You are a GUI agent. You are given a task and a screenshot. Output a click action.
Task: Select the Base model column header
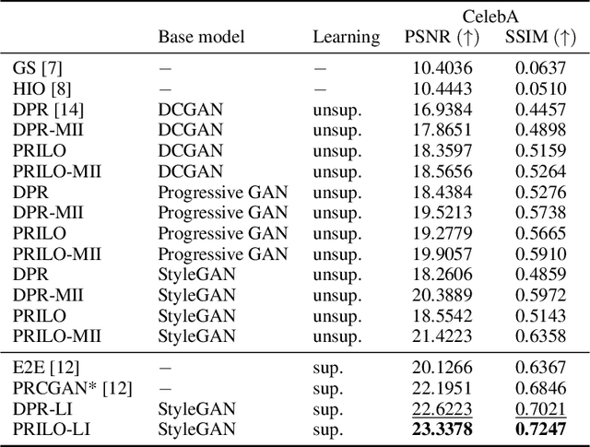coord(201,37)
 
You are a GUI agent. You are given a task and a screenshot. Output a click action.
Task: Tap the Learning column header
coord(346,37)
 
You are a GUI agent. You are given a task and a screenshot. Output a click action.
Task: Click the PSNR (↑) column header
coord(442,37)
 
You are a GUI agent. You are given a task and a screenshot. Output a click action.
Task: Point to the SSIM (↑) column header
coord(539,37)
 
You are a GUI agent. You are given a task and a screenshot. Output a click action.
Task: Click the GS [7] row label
coord(38,68)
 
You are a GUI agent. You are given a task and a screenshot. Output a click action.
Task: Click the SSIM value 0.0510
coord(541,88)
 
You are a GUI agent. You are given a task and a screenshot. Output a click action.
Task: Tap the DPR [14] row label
coord(45,110)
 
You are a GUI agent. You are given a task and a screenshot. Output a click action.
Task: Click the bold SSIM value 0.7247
coord(541,429)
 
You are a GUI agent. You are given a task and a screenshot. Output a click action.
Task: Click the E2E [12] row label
coord(44,366)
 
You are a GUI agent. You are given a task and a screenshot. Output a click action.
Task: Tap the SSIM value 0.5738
coord(541,212)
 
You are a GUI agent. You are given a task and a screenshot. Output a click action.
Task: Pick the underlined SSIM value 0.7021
coord(541,407)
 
